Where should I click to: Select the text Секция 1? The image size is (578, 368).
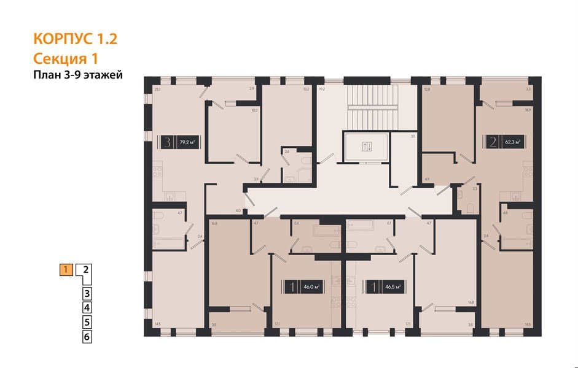coord(65,58)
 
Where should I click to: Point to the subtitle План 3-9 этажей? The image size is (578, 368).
coord(78,75)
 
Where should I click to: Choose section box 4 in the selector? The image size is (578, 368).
coord(87,308)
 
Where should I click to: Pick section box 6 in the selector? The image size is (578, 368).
coord(87,336)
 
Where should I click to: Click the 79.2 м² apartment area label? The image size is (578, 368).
coord(186,143)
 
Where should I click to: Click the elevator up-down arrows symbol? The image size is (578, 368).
coord(367,147)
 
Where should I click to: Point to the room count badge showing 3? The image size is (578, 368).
coord(167,143)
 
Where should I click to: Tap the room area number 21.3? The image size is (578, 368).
coord(158,90)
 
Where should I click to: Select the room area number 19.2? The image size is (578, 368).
coord(321,90)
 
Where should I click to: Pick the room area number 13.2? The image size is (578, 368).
coord(306,90)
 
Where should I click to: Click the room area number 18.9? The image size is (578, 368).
coord(526,110)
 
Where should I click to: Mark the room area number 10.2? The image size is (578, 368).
coord(254,111)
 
